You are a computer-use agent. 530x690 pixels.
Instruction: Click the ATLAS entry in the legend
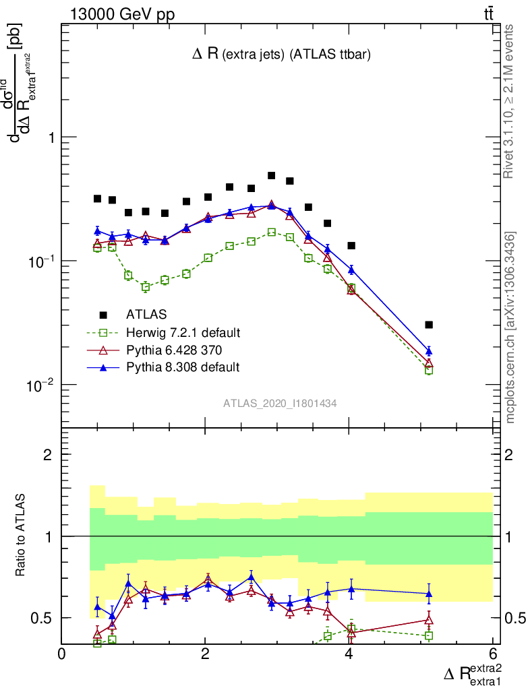[146, 314]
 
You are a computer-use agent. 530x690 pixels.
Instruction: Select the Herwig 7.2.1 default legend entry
[183, 332]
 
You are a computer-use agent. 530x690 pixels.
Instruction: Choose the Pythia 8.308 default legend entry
[183, 367]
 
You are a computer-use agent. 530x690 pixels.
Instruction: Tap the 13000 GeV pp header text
[122, 13]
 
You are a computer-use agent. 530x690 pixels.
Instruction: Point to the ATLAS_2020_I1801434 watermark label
[281, 404]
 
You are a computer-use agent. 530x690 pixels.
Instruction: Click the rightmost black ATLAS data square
[429, 325]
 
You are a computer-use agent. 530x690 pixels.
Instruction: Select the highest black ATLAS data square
[271, 175]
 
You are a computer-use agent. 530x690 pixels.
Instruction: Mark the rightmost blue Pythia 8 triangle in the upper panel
[429, 351]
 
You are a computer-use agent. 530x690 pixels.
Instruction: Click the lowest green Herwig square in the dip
[145, 287]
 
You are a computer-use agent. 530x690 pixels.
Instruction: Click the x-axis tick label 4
[349, 654]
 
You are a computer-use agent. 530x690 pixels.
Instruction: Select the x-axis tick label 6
[492, 654]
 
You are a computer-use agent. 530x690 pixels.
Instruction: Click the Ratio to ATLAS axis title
[22, 536]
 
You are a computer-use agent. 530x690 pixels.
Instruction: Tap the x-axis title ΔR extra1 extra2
[473, 673]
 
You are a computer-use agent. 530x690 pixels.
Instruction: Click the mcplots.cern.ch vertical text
[510, 327]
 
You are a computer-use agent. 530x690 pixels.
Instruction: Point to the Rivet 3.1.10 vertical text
[510, 101]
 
